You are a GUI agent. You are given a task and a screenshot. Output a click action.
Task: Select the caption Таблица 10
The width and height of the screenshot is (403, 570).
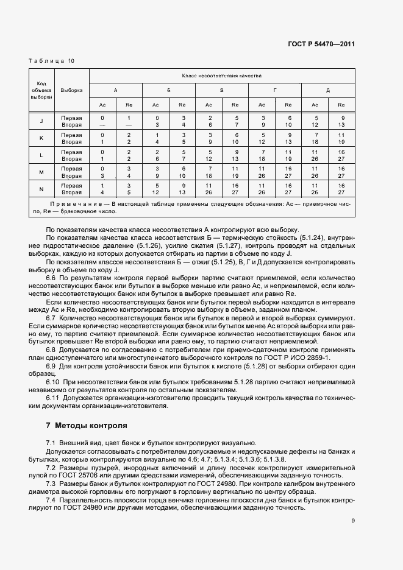[x=52, y=61]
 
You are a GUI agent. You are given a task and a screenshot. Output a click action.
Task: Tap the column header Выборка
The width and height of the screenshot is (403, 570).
[x=71, y=90]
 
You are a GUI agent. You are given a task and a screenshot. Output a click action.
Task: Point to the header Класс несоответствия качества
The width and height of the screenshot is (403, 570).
[x=222, y=76]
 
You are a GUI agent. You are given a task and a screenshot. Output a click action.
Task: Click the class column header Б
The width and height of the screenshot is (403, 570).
[x=169, y=90]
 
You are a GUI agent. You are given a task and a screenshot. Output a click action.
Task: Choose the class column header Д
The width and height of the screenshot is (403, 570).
[x=328, y=90]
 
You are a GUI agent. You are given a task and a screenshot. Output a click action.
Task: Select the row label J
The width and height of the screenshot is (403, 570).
[x=41, y=121]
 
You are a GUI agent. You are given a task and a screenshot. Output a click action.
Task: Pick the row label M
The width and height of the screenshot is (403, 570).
[x=41, y=172]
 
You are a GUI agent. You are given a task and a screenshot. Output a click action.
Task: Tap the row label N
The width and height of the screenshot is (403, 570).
[x=41, y=189]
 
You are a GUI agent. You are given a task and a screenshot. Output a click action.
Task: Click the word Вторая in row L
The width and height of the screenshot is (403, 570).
[x=71, y=159]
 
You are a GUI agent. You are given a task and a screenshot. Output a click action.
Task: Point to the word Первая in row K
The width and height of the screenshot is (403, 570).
[x=71, y=134]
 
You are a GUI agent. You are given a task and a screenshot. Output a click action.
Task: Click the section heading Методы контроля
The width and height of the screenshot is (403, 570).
[x=91, y=424]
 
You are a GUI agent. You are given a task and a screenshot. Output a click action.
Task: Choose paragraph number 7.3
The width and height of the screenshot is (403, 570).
[x=51, y=483]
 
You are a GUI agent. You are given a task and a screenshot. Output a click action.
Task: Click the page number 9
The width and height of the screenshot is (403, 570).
[x=353, y=520]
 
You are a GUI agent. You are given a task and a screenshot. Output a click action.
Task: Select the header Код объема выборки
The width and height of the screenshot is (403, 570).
[x=41, y=90]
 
